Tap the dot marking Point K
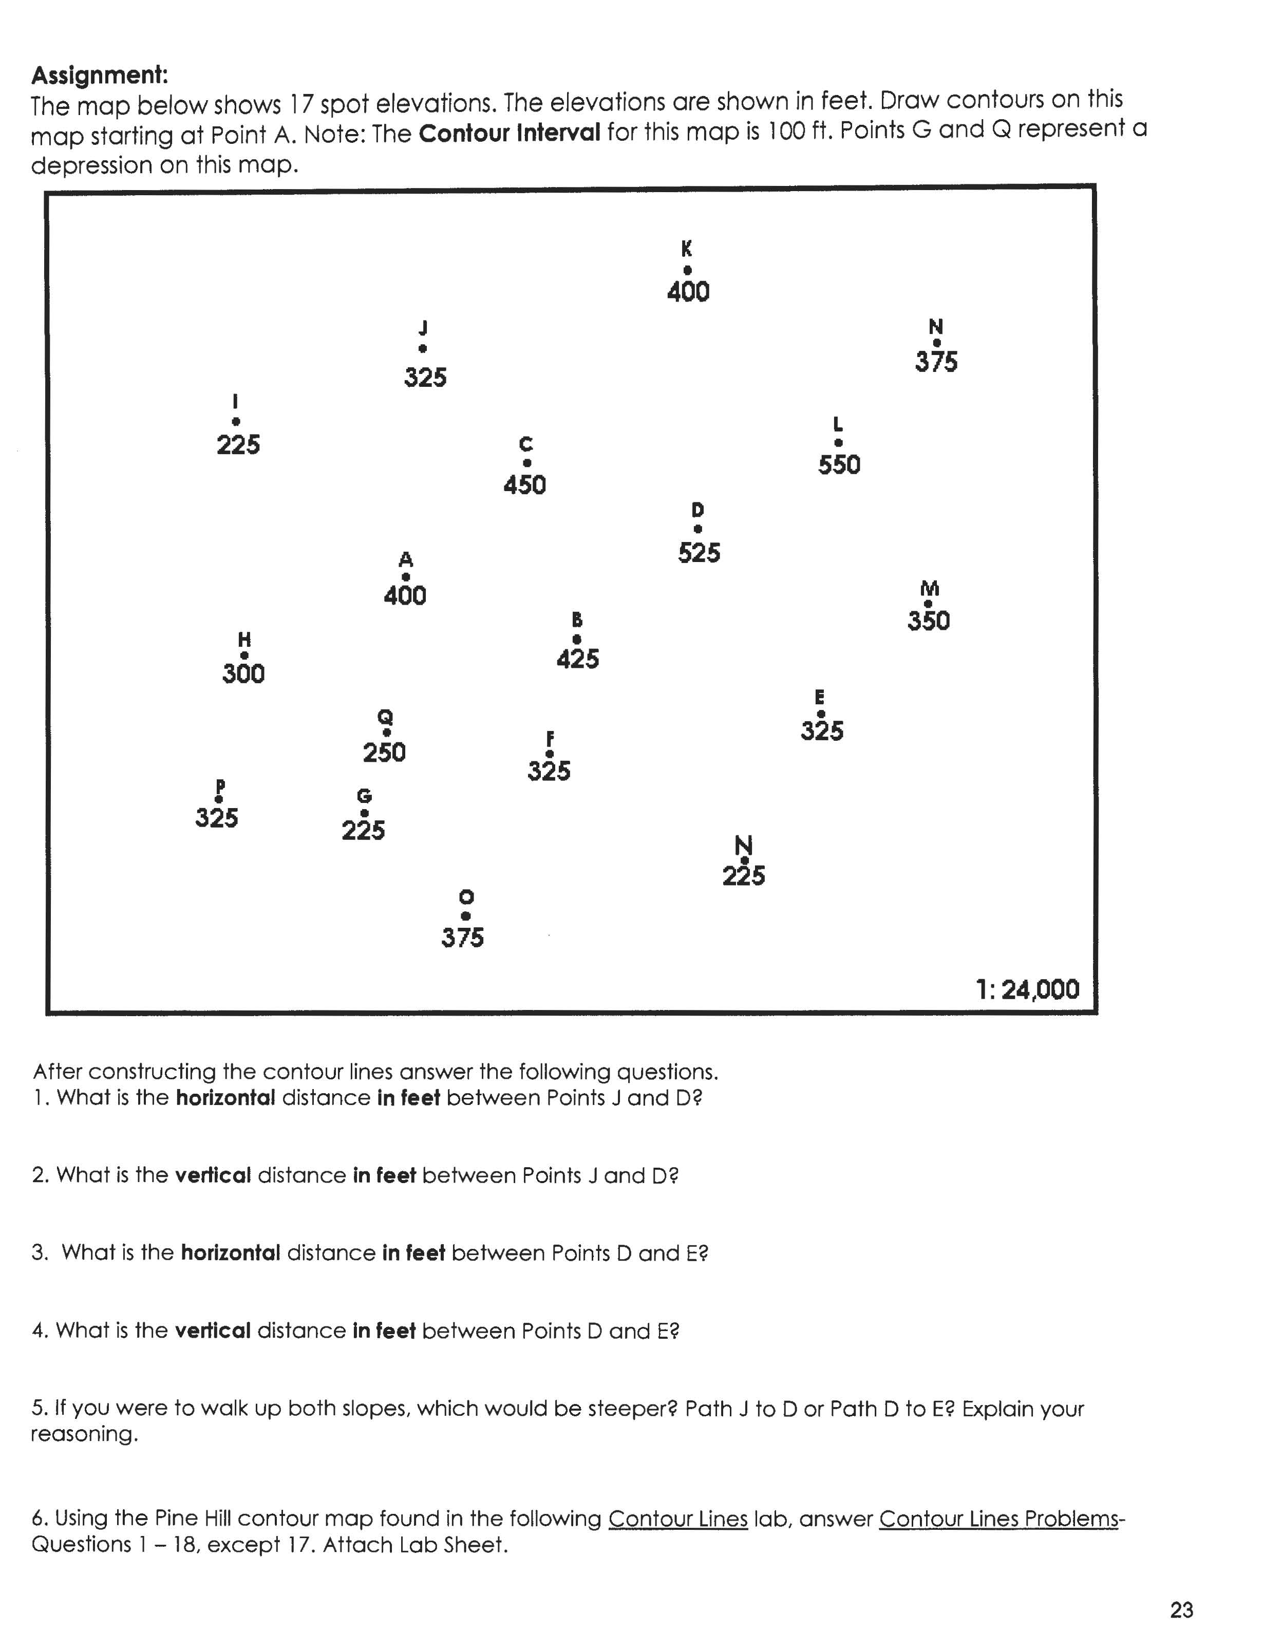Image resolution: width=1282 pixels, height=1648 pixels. click(x=687, y=270)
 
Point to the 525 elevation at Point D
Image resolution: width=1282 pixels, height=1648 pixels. click(x=699, y=553)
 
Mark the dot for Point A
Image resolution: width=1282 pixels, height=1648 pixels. click(x=405, y=577)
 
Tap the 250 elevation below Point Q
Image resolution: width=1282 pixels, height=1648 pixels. click(x=384, y=752)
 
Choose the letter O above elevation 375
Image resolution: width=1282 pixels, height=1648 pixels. click(x=466, y=896)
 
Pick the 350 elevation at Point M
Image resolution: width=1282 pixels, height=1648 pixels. click(x=928, y=621)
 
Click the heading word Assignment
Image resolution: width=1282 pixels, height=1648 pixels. click(x=99, y=76)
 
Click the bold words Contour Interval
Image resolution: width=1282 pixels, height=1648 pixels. click(x=510, y=134)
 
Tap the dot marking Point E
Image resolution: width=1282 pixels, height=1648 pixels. click(x=821, y=714)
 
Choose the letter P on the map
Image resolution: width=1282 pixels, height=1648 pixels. click(x=220, y=785)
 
